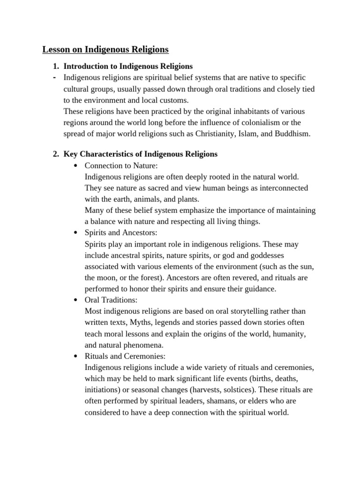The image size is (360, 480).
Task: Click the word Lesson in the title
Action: pos(56,49)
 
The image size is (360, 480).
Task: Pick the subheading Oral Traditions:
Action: pos(111,300)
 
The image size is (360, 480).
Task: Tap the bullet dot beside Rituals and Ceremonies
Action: pos(76,357)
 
